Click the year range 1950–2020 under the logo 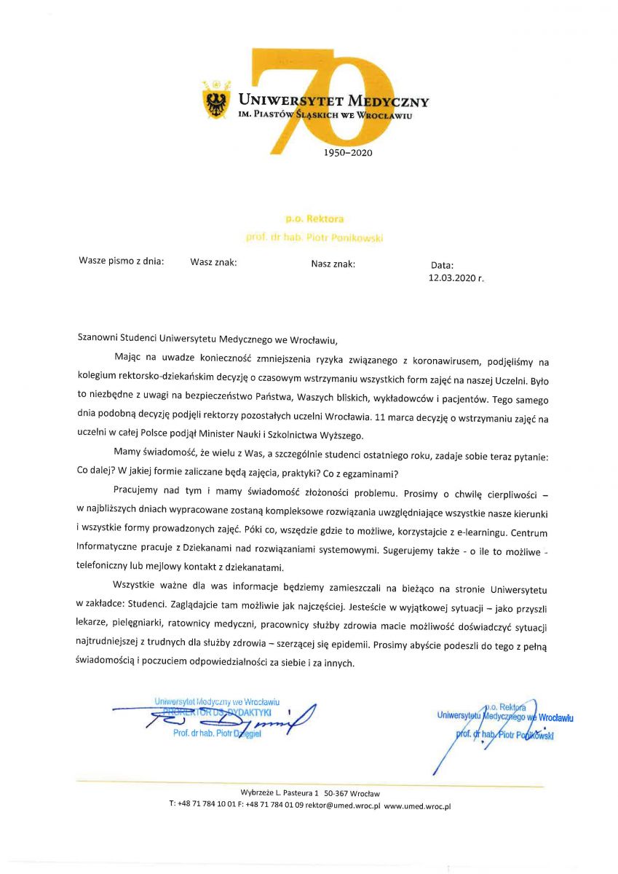(x=346, y=153)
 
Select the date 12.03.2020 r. (x=456, y=277)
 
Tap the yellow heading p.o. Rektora (x=314, y=219)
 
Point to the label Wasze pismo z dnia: (x=122, y=261)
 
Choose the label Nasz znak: (x=333, y=264)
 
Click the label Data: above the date (x=442, y=266)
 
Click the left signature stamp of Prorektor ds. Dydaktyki (x=217, y=717)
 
